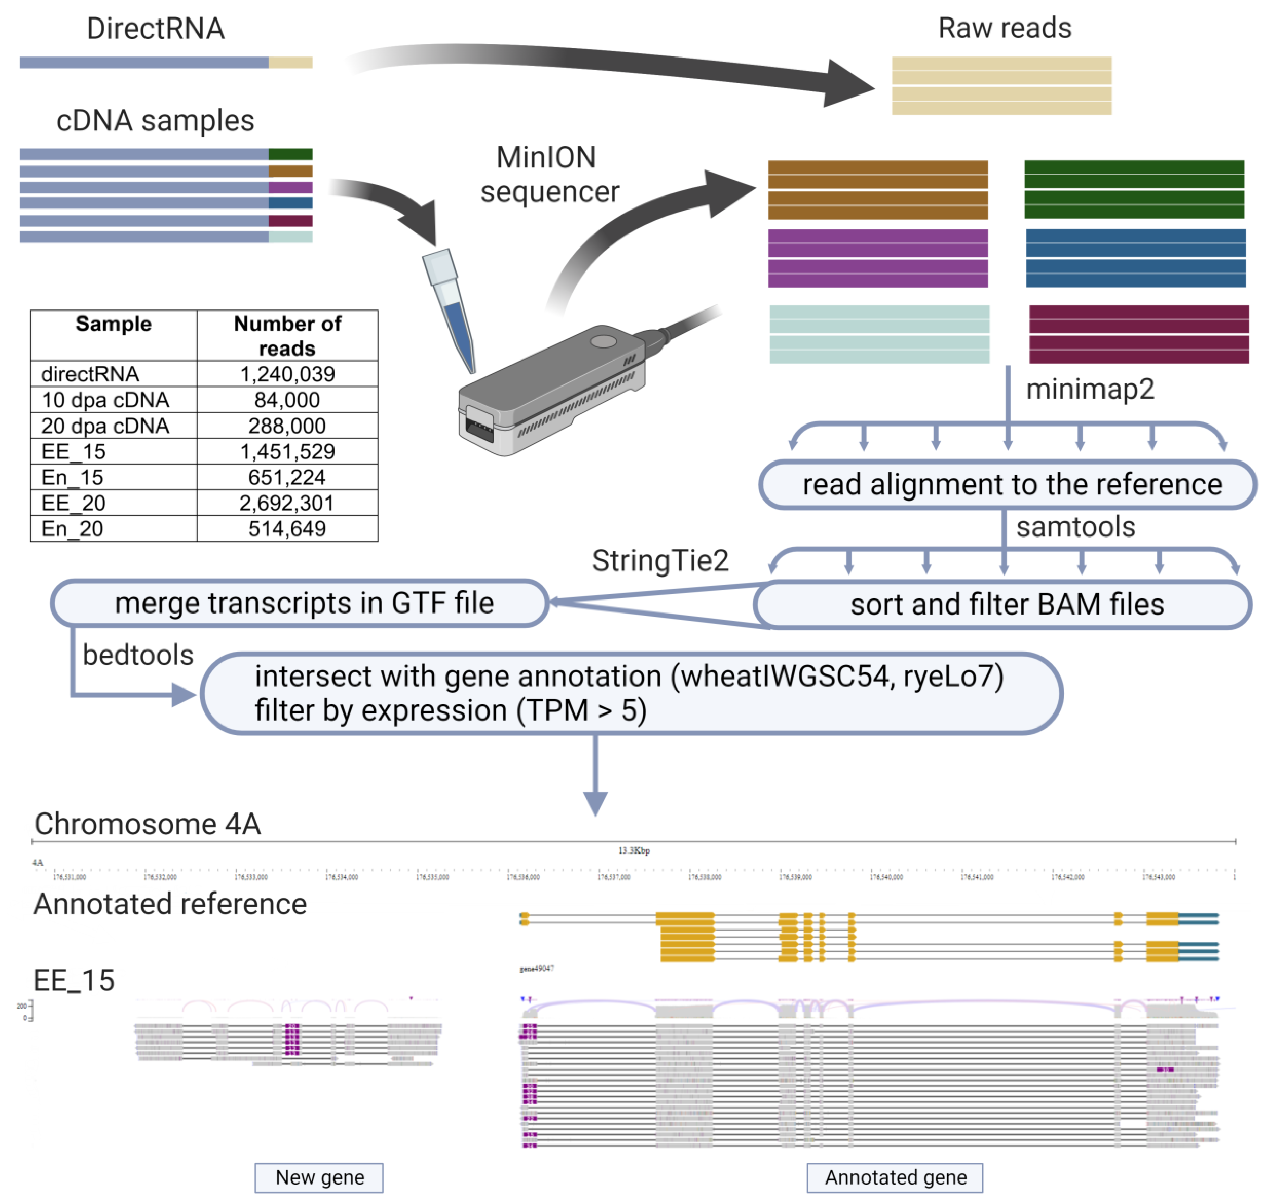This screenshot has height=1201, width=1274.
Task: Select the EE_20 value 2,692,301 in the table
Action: coord(287,503)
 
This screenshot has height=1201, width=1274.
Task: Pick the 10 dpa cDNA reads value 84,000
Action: coord(287,400)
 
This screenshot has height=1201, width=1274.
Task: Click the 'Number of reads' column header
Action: coord(287,335)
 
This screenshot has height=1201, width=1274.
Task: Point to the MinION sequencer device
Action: coord(551,391)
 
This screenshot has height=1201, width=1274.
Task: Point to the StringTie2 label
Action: coord(660,561)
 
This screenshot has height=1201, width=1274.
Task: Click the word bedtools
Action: coord(138,655)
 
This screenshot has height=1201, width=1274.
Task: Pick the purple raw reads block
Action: coord(878,258)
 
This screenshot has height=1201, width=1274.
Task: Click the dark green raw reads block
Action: coord(1134,190)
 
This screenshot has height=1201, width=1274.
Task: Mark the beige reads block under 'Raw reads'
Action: coord(1001,86)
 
